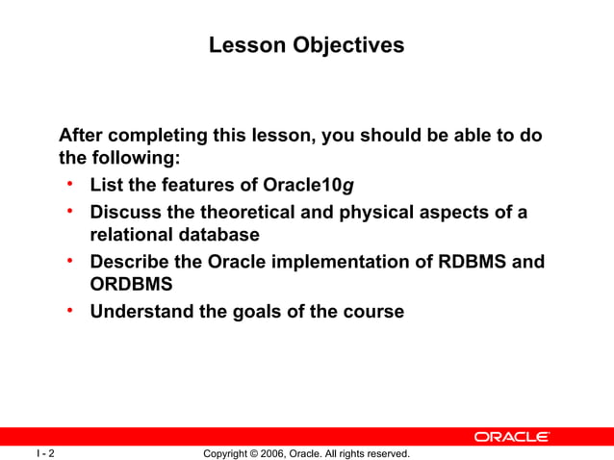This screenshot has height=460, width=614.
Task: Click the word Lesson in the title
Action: coord(247,45)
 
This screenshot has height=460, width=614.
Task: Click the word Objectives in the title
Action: coord(348,46)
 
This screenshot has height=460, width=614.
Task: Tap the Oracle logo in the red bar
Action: coord(512,437)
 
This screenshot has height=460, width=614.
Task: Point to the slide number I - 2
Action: coord(45,453)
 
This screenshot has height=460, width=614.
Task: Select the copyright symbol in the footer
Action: coord(253,453)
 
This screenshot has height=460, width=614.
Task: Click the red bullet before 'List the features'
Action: coord(70,183)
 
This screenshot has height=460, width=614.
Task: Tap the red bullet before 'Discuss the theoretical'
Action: coord(70,211)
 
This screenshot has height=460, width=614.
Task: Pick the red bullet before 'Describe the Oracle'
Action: coord(70,260)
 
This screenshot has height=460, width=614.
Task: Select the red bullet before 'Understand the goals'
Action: coord(70,310)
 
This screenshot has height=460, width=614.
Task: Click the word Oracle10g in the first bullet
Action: coord(308,185)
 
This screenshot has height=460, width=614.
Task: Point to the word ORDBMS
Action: coord(131,284)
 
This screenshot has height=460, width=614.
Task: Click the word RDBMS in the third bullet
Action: coord(472,262)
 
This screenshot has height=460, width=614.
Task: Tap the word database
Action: coord(219,235)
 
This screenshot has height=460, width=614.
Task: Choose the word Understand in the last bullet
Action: coord(141,312)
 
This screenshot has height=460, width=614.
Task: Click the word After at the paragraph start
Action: coord(81,135)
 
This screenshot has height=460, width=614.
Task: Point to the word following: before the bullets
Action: coord(137,158)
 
